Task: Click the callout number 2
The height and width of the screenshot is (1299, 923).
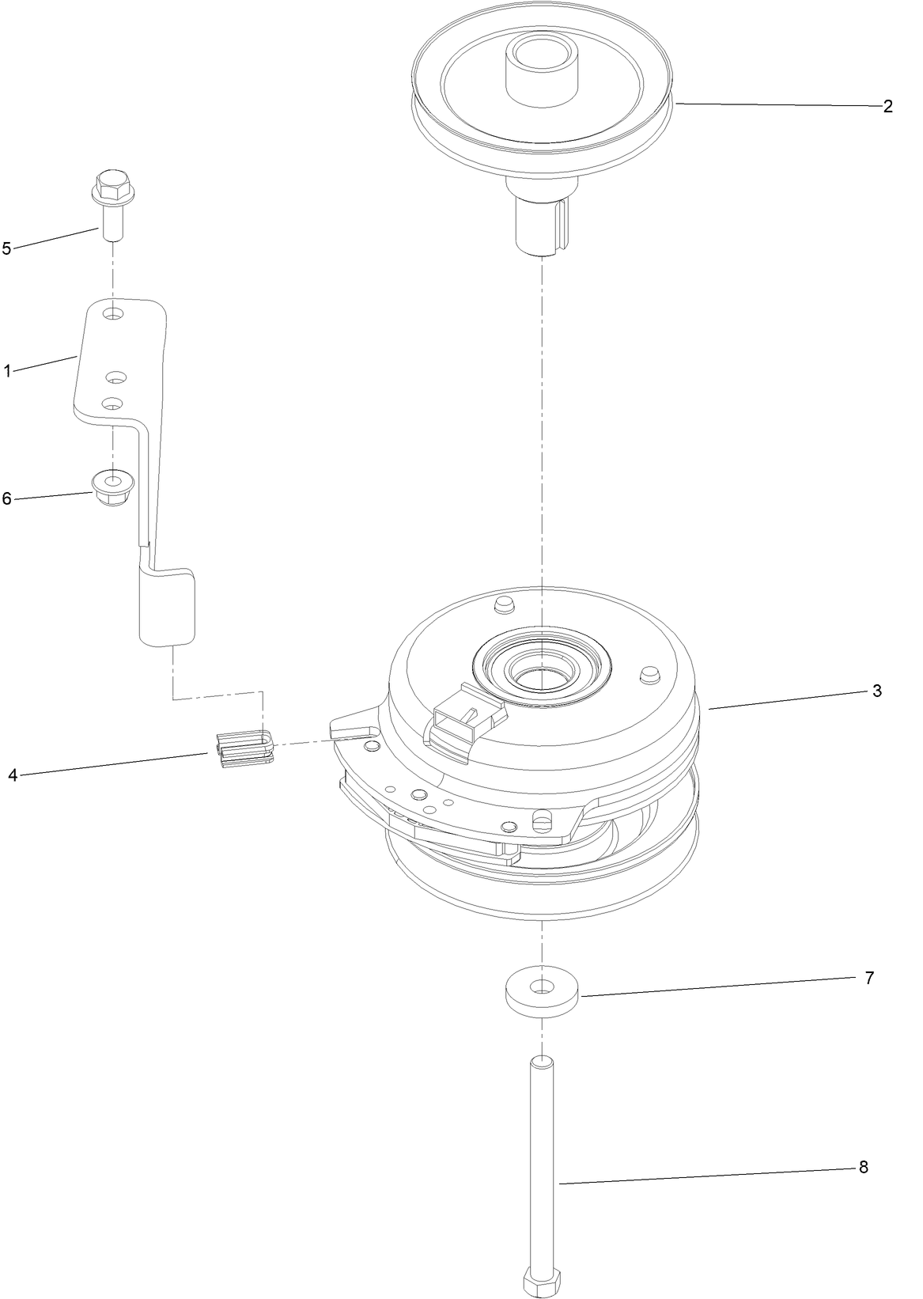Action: pyautogui.click(x=887, y=107)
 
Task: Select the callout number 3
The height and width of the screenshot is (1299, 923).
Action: pyautogui.click(x=876, y=690)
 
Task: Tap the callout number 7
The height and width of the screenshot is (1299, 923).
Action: pyautogui.click(x=869, y=978)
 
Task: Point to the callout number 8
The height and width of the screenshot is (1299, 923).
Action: pyautogui.click(x=863, y=1167)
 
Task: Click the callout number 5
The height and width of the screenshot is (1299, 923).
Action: pyautogui.click(x=7, y=248)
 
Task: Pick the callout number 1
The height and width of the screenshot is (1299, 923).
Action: pyautogui.click(x=7, y=370)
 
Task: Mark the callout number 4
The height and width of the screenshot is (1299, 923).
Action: pyautogui.click(x=13, y=774)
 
